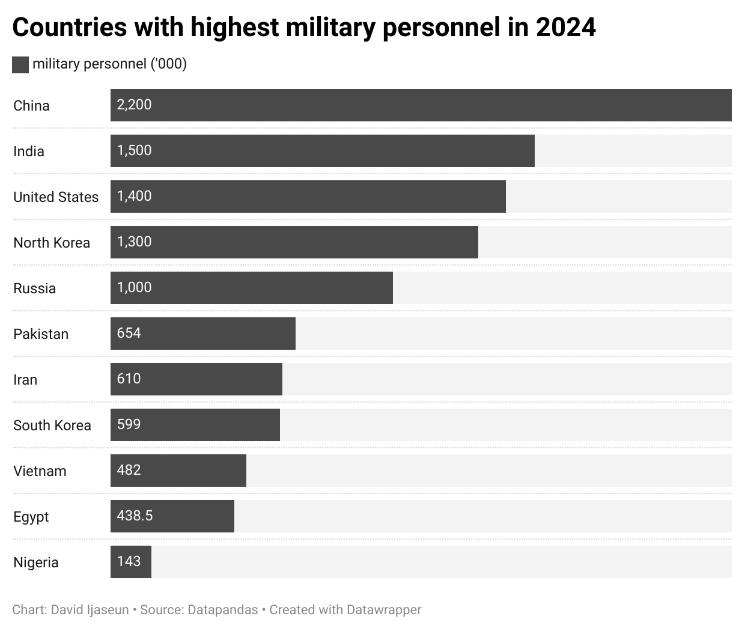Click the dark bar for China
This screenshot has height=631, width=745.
421,105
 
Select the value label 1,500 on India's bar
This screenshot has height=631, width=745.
134,150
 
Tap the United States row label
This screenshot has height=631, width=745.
56,197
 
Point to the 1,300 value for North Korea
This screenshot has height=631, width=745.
134,242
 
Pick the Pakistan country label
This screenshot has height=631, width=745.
41,334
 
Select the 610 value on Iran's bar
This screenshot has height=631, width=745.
129,379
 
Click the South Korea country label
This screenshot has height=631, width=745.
52,425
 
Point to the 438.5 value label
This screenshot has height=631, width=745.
135,516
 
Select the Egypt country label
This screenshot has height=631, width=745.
31,517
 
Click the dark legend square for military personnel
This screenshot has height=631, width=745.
20,65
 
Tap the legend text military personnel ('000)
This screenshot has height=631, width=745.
109,64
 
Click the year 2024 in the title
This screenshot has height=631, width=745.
565,28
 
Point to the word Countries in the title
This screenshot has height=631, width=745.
70,28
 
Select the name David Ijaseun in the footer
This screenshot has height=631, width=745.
90,610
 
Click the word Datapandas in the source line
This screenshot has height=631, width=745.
223,610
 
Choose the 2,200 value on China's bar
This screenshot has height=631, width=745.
134,105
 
